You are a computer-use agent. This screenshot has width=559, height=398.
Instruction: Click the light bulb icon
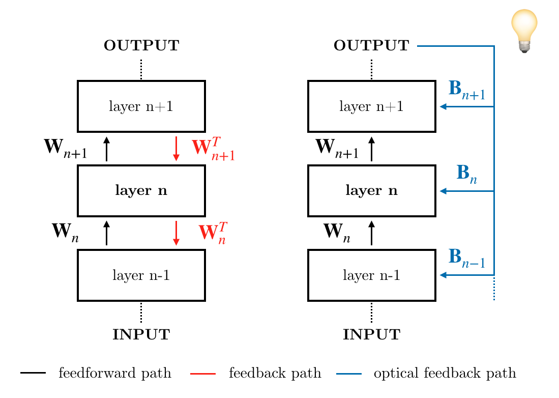(524, 31)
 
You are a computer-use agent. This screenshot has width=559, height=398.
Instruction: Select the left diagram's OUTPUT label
(141, 46)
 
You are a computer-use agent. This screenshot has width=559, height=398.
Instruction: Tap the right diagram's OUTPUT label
(371, 46)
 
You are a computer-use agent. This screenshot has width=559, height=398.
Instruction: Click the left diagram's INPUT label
(141, 335)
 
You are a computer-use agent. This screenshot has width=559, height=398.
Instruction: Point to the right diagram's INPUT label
(371, 335)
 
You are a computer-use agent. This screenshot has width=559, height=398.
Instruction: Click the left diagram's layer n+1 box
(141, 106)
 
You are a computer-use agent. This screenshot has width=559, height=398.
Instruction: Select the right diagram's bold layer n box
(372, 191)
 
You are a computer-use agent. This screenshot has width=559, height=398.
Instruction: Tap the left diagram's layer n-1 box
(141, 275)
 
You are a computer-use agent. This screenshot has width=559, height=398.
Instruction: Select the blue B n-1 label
(466, 258)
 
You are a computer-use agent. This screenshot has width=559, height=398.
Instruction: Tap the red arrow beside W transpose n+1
(176, 149)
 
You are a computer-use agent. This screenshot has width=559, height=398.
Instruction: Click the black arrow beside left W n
(106, 233)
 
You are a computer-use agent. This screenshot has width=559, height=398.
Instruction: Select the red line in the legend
(202, 374)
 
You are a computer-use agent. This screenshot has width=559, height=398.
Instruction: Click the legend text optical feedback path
(445, 374)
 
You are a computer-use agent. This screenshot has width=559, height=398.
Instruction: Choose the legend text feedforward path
(114, 374)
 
